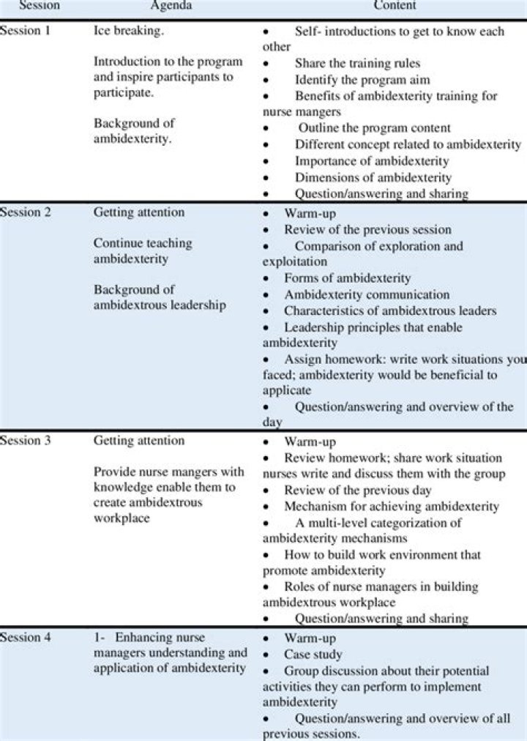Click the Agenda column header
coord(171,6)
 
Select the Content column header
coord(395,6)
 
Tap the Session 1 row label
coord(26,31)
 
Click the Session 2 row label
coord(26,213)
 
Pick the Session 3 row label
coord(26,442)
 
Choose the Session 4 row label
coord(26,638)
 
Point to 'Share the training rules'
coord(357,64)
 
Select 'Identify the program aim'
coord(362,80)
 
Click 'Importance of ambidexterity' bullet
coord(372,161)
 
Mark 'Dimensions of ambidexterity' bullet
coord(373,177)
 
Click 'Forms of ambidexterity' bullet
coord(348,278)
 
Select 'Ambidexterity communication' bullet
coord(367,295)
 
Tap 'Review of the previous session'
coord(367,230)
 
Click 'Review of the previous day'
coord(358,491)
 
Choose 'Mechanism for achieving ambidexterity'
coord(392,507)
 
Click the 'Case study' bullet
coord(313,655)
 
